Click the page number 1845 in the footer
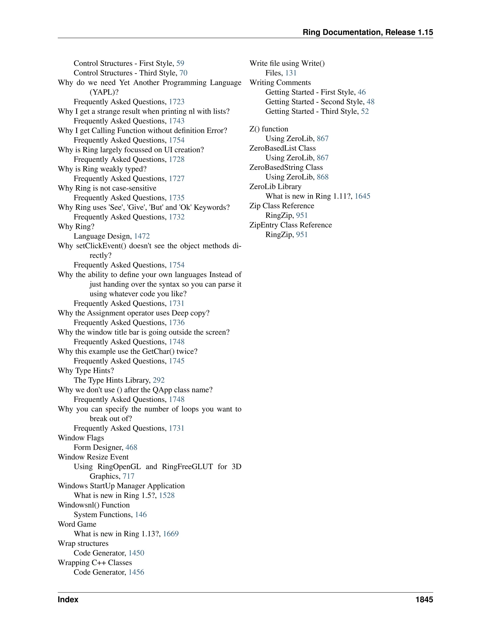pos(424,600)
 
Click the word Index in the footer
pos(68,600)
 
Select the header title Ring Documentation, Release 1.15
pos(368,32)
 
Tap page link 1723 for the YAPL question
pos(176,102)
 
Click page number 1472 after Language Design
pos(142,236)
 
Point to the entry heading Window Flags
pos(81,438)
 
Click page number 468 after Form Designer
pos(131,447)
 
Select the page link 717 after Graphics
pos(128,476)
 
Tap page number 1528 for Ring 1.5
pos(167,495)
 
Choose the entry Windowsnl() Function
pos(94,505)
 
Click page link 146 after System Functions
pos(141,515)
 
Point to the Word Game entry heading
pos(77,524)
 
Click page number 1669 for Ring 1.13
pos(171,534)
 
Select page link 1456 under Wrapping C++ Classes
pos(136,572)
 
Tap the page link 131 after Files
pos(291,73)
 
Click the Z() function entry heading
pos(269,129)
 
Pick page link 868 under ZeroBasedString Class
pos(323,177)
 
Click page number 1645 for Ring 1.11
pos(362,196)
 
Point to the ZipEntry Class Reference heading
pos(291,225)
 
